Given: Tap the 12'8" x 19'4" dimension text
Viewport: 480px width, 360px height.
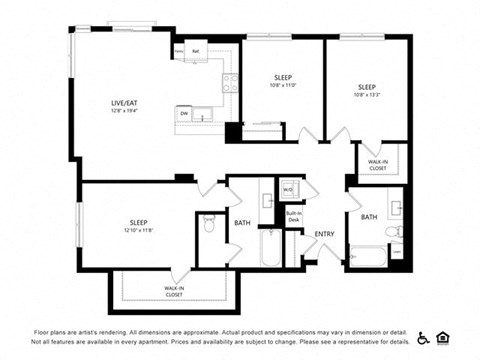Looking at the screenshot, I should [x=125, y=111].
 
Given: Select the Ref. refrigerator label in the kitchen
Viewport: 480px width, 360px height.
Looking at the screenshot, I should [x=197, y=50].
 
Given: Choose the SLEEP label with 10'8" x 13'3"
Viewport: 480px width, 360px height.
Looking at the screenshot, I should [x=367, y=87].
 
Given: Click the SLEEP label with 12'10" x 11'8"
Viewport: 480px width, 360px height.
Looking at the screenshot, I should [x=139, y=222].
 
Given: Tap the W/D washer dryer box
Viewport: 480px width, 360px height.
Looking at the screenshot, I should [x=287, y=189].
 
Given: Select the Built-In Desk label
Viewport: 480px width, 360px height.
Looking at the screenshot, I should [x=294, y=215].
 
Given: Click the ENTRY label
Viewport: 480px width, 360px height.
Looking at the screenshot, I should [x=325, y=234].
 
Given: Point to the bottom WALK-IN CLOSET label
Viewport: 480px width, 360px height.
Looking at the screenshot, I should [x=174, y=291].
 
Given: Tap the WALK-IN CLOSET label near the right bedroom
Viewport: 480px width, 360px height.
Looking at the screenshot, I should [x=377, y=165].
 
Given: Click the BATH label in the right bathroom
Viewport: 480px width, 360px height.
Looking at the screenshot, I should [x=369, y=217].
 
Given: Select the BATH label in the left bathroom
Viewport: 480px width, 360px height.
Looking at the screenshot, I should [x=242, y=223].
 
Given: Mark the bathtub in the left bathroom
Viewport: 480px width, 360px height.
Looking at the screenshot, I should [x=271, y=247].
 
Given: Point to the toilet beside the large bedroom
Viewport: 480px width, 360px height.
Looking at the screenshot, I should [x=209, y=224].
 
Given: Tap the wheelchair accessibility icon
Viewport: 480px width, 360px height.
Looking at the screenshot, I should [x=422, y=337].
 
